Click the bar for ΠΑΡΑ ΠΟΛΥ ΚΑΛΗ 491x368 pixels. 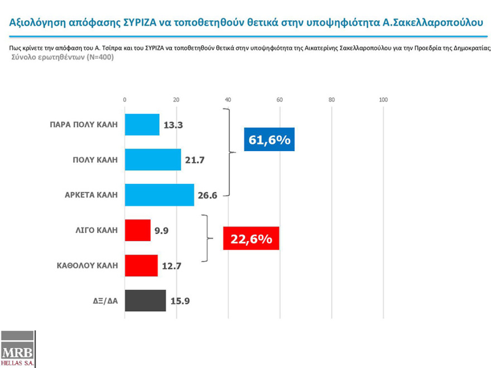coord(142,124)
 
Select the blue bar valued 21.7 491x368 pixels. coord(152,159)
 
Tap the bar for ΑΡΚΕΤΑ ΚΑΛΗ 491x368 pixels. coord(159,195)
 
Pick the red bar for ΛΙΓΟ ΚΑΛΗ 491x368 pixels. coord(137,230)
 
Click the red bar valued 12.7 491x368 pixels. coord(141,265)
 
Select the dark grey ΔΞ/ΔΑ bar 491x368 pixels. coord(145,300)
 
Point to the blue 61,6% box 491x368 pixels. coord(269,139)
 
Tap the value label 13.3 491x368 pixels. coord(174,125)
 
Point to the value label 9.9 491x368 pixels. coord(162,231)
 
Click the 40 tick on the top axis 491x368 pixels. coord(228,100)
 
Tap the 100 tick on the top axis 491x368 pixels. coord(383,100)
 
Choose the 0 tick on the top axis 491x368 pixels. coord(124,100)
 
